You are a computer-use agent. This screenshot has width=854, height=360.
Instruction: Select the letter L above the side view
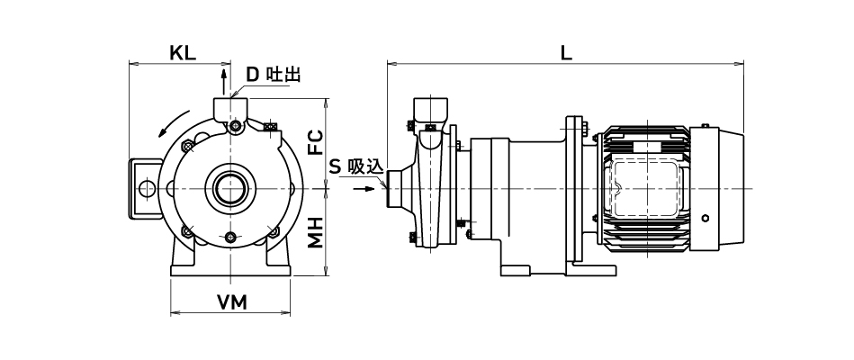coord(566,51)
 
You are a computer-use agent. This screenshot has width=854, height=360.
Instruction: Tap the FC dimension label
coord(315,141)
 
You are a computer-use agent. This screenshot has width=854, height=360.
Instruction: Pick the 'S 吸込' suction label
coord(356,166)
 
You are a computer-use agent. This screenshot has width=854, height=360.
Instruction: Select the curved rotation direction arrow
coord(174,123)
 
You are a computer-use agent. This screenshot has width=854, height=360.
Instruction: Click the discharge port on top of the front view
coord(231,109)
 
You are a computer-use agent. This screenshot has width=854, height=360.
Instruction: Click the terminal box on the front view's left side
coord(144,189)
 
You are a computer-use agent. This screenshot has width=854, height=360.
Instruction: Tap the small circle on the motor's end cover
coord(706,219)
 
